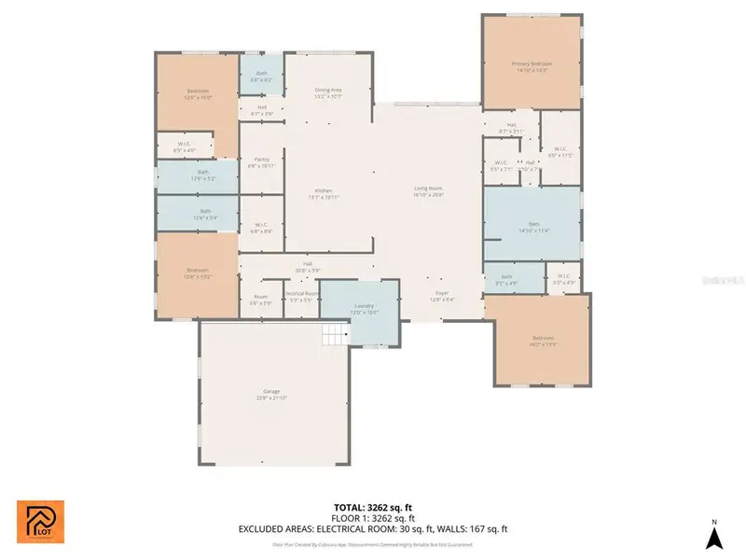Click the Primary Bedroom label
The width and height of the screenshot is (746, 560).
530,66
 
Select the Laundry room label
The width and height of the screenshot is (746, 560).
364,309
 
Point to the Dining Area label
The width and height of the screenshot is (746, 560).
327,92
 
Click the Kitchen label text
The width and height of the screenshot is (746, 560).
323,193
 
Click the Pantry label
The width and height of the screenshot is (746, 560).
261,162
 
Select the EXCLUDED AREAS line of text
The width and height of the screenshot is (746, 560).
372,528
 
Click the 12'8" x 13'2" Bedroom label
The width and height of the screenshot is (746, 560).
197,273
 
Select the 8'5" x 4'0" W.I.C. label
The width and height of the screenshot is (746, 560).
185,147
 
